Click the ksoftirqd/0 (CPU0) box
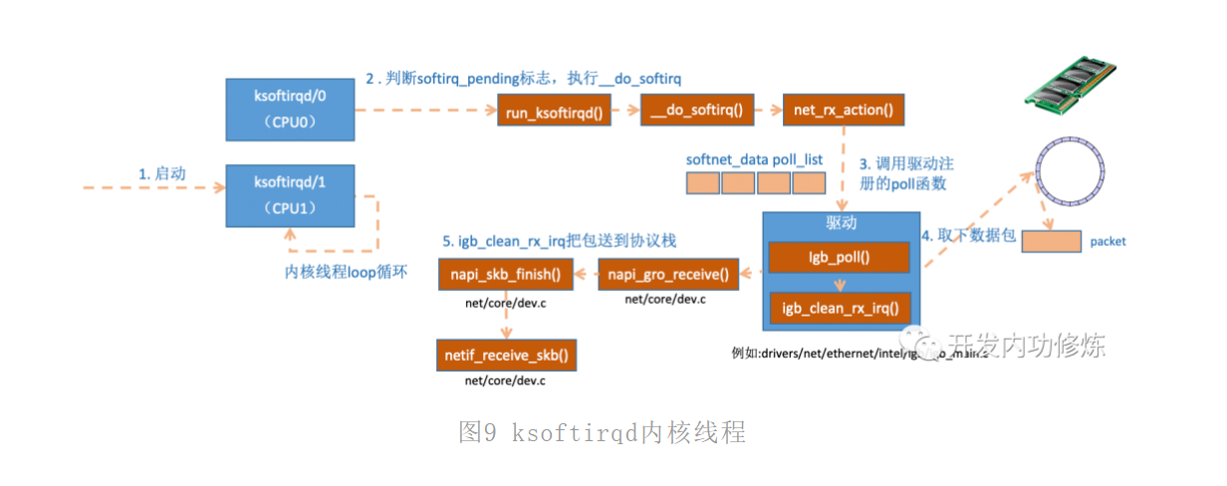point(290,109)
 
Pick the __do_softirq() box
point(697,111)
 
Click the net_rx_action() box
point(843,111)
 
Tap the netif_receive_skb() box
point(506,354)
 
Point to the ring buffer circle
point(1072,178)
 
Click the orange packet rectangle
point(1052,241)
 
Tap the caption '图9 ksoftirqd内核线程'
point(602,432)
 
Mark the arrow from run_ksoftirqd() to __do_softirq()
point(625,111)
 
